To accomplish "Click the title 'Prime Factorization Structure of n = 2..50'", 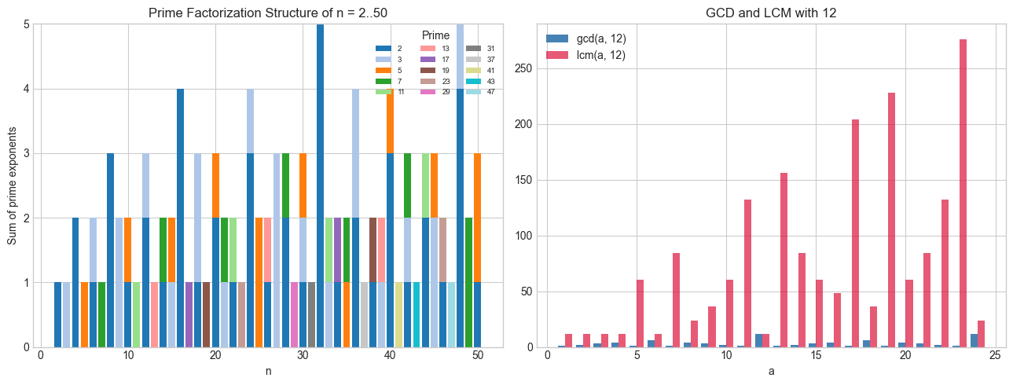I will pyautogui.click(x=271, y=11).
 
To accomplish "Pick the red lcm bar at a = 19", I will pyautogui.click(x=891, y=220).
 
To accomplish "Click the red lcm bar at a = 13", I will pyautogui.click(x=784, y=260).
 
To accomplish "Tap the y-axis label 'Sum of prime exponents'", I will pyautogui.click(x=12, y=185).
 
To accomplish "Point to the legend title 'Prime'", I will pyautogui.click(x=435, y=35).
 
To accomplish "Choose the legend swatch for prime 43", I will pyautogui.click(x=472, y=81).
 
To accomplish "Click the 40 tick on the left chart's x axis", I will pyautogui.click(x=391, y=356).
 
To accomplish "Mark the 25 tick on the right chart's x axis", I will pyautogui.click(x=995, y=356).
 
